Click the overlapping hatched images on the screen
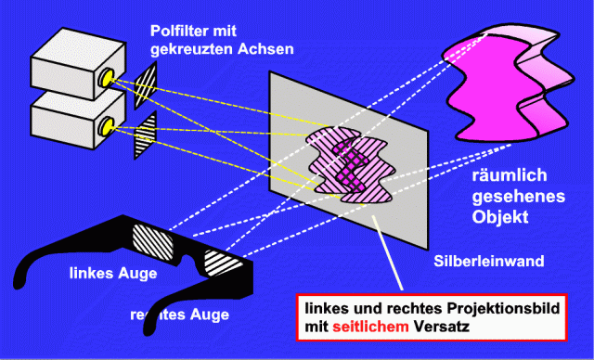[x=349, y=167]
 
